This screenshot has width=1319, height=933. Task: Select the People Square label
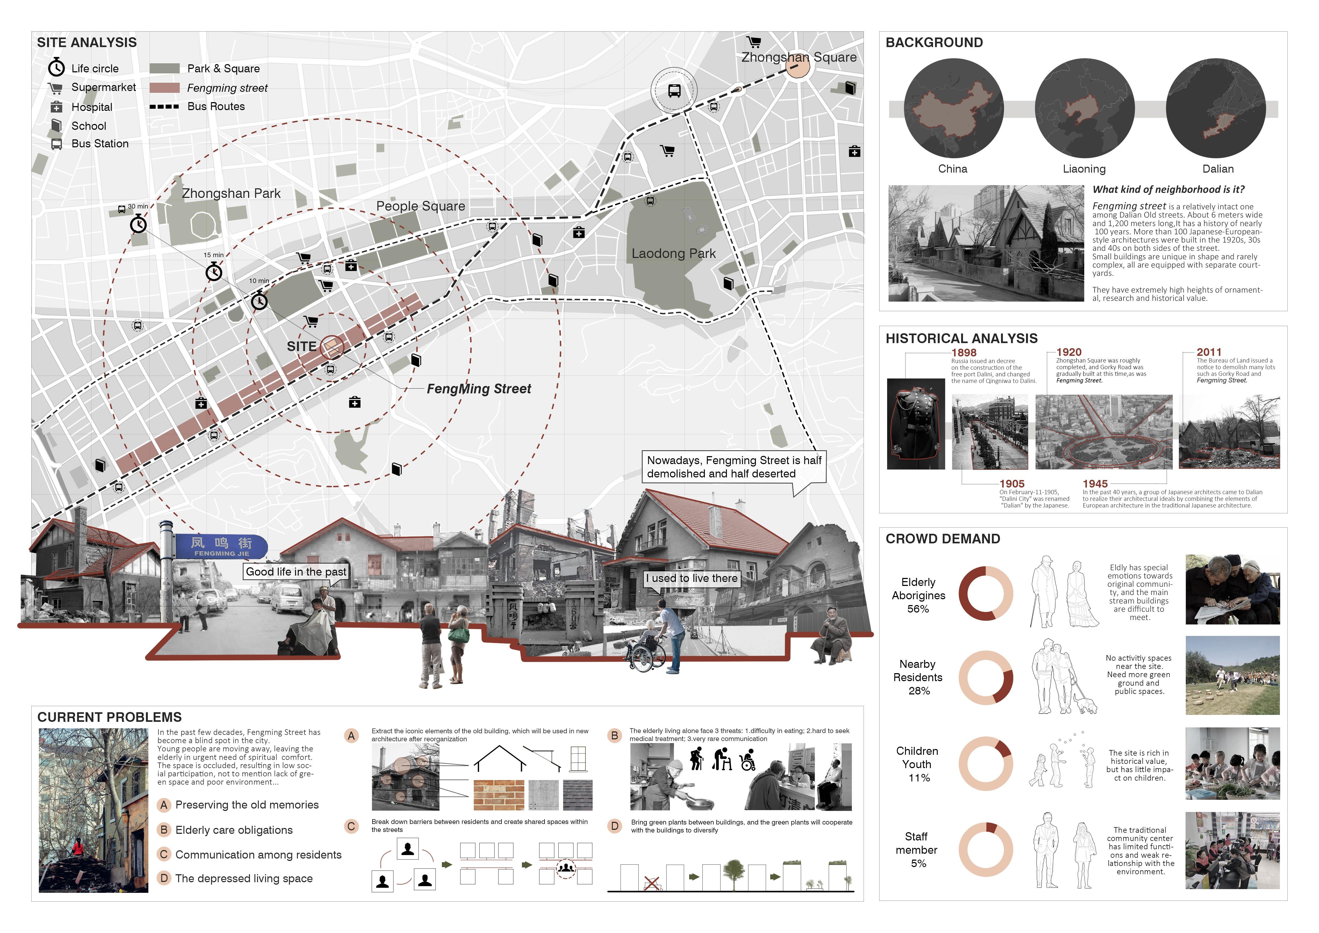tap(421, 206)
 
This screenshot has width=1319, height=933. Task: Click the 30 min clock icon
tap(139, 224)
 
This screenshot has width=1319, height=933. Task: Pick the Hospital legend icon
tap(56, 107)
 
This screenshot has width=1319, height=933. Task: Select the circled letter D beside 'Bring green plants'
tap(615, 826)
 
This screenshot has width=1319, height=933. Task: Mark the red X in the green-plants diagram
tap(651, 883)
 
